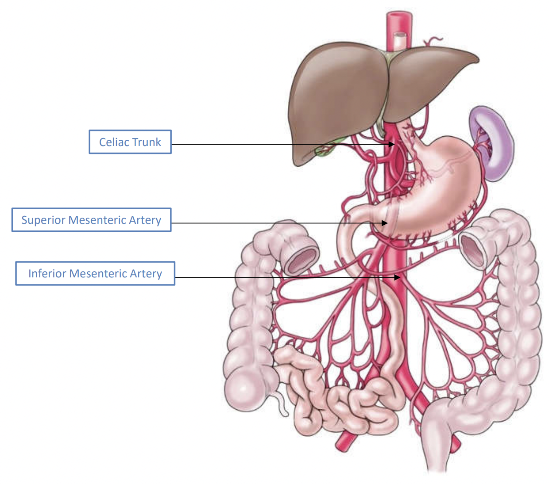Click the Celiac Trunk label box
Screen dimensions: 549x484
(x=130, y=142)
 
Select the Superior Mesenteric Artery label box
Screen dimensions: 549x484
(x=91, y=220)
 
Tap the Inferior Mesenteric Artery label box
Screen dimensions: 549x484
(x=95, y=273)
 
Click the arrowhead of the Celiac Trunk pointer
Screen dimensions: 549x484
(x=392, y=144)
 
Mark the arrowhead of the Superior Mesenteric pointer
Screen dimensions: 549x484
(x=385, y=223)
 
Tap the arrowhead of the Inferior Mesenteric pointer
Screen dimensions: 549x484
(x=398, y=277)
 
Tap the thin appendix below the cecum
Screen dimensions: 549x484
(x=282, y=405)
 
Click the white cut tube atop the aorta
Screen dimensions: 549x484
(x=400, y=41)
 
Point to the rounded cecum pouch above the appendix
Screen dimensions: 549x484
(x=246, y=389)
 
